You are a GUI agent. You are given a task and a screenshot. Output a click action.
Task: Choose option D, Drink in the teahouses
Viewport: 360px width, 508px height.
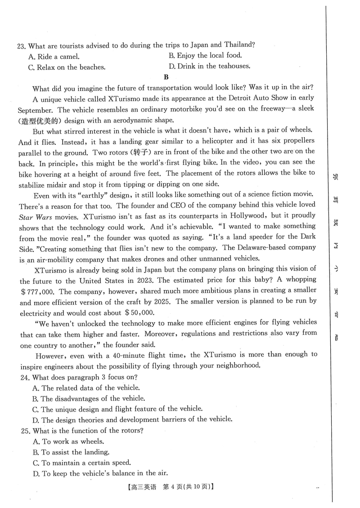209,67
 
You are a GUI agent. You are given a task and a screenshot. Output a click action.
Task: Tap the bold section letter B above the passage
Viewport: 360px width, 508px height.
166,77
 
